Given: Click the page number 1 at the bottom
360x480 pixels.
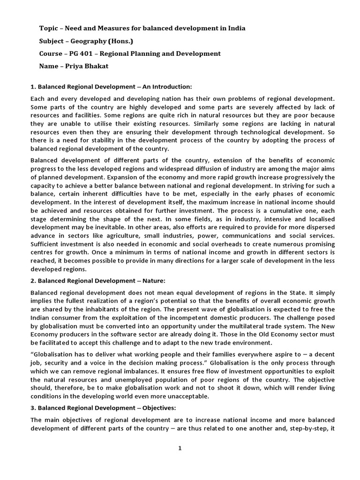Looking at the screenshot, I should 180,448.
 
